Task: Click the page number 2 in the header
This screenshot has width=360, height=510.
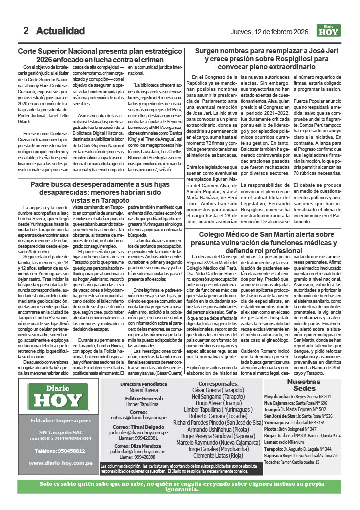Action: click(x=26, y=31)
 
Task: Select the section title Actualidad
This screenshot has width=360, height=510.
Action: click(x=60, y=31)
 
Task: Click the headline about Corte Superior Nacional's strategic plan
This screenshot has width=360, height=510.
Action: click(x=99, y=55)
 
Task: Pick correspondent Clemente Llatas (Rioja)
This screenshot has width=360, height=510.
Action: click(x=219, y=455)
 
